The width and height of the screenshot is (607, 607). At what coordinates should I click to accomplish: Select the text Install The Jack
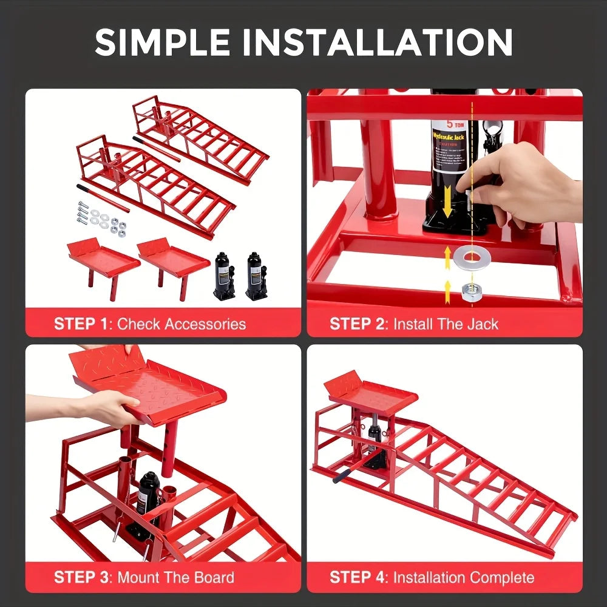click(446, 324)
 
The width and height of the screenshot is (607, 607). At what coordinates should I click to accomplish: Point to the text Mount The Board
click(175, 577)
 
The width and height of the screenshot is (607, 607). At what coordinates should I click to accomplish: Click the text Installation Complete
click(464, 577)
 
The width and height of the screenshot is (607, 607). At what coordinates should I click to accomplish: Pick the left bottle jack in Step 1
click(224, 276)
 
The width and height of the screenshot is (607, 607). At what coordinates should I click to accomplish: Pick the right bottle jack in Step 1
click(256, 276)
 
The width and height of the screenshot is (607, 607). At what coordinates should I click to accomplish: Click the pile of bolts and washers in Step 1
click(103, 219)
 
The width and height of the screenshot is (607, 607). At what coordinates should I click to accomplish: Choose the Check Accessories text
click(181, 324)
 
